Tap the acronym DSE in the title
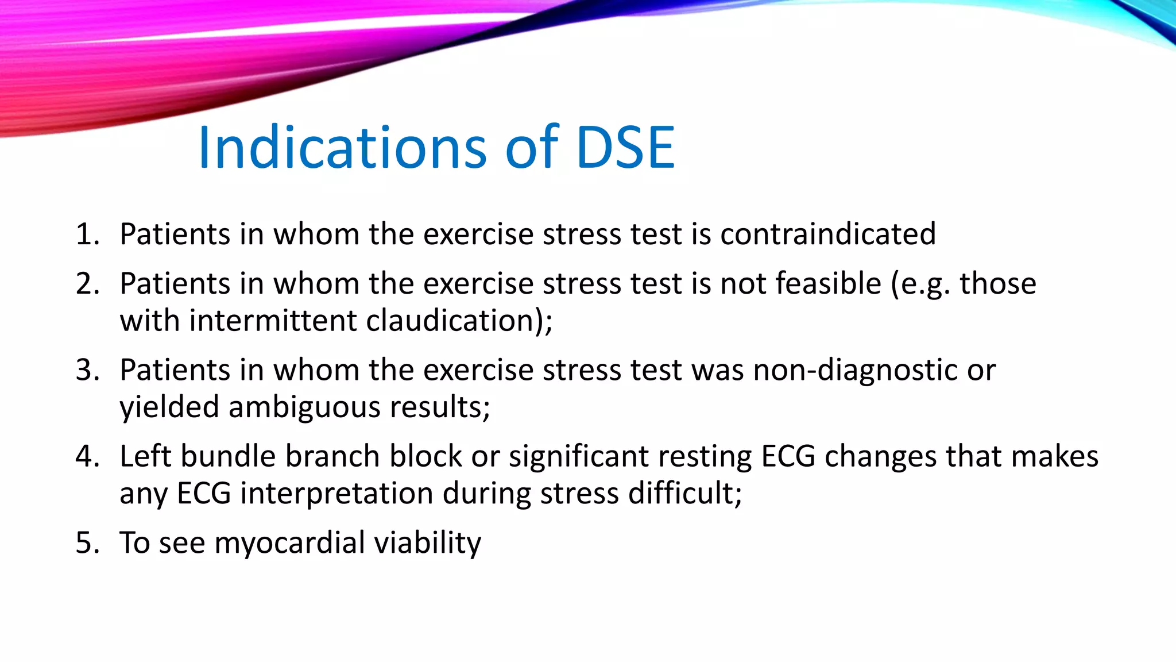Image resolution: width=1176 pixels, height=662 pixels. (x=625, y=148)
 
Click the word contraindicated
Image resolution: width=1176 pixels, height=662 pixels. (x=827, y=234)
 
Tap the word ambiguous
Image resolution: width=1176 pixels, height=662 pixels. (x=304, y=407)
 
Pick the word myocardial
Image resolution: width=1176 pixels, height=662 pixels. (x=289, y=543)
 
